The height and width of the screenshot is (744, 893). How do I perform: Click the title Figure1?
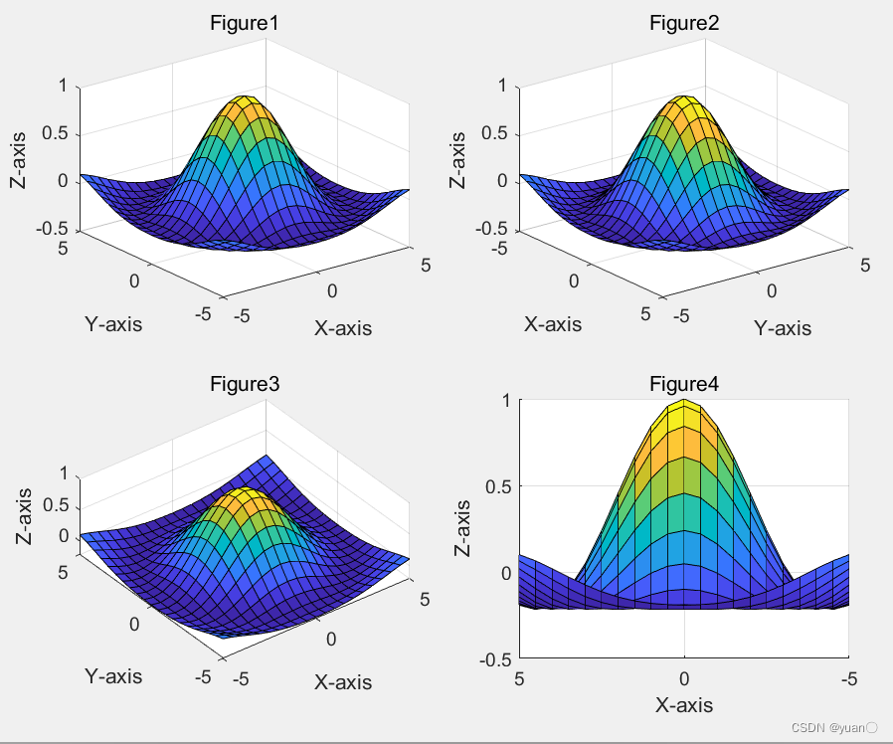point(244,23)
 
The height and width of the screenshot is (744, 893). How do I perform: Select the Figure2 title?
point(684,23)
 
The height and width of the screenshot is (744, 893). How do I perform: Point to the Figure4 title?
point(684,383)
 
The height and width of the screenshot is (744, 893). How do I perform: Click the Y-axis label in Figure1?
point(113,323)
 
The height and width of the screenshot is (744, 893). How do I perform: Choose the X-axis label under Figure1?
point(343,327)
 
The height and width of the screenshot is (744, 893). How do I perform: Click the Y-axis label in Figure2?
point(782,327)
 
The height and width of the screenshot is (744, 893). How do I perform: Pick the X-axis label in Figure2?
point(553,323)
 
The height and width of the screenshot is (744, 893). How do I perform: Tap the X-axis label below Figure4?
point(684,705)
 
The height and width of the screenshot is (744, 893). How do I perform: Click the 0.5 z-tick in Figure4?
point(499,486)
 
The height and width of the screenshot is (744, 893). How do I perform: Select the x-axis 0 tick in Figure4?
point(684,678)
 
